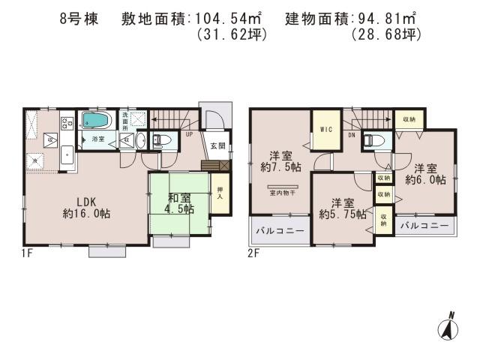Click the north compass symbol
(x=448, y=326)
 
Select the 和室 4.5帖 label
(x=178, y=203)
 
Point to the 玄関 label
(x=217, y=145)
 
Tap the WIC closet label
(x=326, y=130)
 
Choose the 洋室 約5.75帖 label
(x=342, y=208)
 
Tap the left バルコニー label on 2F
(x=279, y=232)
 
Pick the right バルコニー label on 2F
(x=424, y=225)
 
